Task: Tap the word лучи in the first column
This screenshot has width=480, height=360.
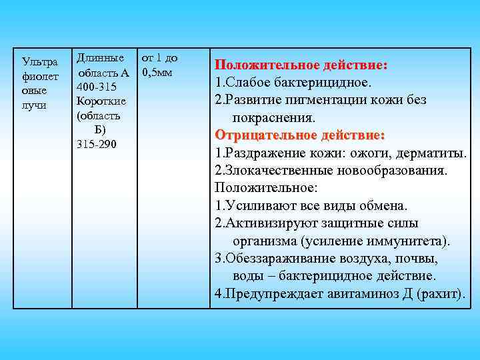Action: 33,106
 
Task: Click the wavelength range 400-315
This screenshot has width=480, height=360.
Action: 95,87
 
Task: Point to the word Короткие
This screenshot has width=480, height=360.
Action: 101,101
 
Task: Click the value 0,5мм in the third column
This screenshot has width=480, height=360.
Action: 157,72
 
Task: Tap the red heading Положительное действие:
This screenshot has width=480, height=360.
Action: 301,65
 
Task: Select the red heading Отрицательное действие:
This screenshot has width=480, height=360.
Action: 300,135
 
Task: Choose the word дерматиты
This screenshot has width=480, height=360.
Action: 431,153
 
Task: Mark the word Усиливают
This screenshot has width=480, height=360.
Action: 255,205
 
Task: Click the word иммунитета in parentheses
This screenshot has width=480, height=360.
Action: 406,240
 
